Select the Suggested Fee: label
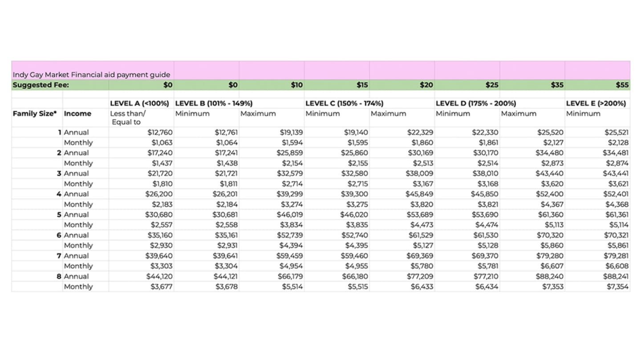click(41, 85)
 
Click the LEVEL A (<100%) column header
click(140, 103)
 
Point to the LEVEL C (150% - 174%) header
click(345, 103)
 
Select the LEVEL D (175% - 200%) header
click(476, 103)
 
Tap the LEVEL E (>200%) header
click(596, 103)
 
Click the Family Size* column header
click(35, 113)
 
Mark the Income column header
click(77, 113)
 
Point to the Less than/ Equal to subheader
click(127, 117)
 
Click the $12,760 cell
click(160, 132)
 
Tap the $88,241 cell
click(616, 276)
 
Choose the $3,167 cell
click(421, 184)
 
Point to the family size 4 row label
click(59, 194)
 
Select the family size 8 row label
click(59, 276)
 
